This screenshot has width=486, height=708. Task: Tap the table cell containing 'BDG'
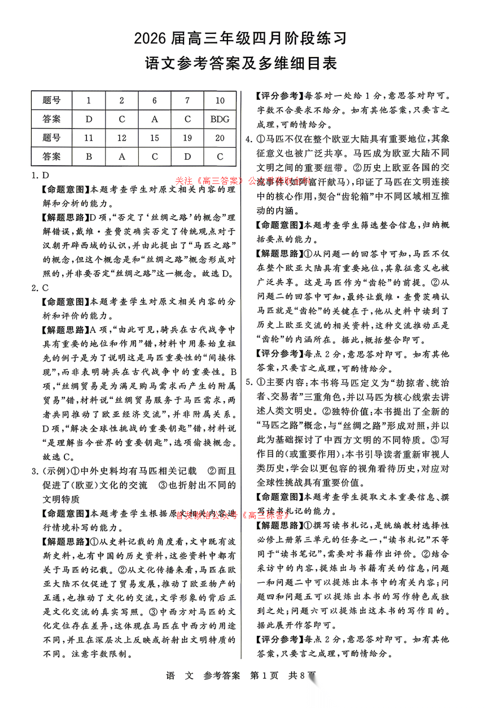(220, 120)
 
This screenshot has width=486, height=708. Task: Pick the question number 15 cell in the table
(155, 138)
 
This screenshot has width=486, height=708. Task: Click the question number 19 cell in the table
(187, 138)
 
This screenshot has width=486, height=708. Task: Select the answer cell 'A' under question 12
(122, 157)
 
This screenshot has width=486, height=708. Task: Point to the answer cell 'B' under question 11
(89, 157)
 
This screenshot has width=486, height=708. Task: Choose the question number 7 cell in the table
(187, 101)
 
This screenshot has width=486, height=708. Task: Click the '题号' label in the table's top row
(51, 101)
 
